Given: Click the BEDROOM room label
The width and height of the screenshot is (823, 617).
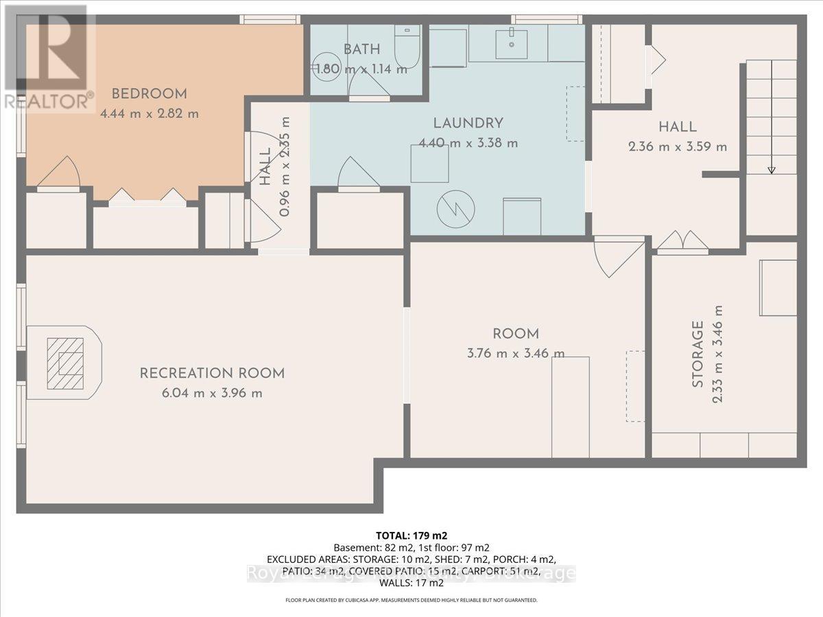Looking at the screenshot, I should (150, 94).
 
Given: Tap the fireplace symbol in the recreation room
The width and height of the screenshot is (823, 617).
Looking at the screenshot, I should (64, 362).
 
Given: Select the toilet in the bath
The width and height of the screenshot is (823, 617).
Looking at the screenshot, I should (408, 48).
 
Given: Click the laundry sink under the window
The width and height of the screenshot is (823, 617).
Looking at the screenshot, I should (512, 43).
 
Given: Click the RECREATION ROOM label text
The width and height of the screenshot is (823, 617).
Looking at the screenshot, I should (212, 374).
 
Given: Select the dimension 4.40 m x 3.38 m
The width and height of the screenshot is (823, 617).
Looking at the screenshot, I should (468, 143).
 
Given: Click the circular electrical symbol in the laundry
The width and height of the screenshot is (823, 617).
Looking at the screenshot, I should (454, 207).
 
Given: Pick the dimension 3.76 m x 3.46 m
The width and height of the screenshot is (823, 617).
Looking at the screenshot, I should (515, 354).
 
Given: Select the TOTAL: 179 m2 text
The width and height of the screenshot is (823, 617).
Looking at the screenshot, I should (411, 535).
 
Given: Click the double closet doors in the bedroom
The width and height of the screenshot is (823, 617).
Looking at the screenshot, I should (147, 196).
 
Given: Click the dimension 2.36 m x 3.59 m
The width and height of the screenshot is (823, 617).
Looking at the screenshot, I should (678, 147).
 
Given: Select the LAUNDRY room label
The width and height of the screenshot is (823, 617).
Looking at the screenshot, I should (468, 123).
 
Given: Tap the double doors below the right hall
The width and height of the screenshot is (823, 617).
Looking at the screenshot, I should (682, 241).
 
